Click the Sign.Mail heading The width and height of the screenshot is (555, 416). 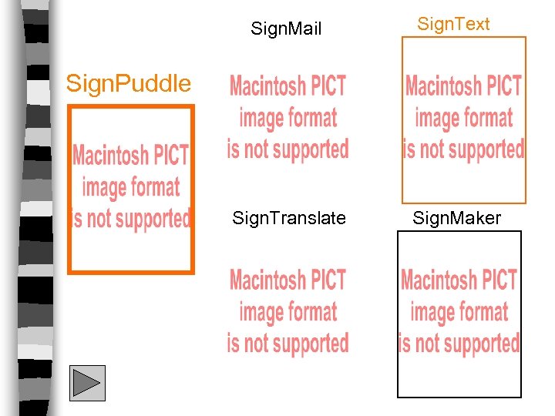pos(286,30)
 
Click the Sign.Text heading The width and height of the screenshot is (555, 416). pos(453,25)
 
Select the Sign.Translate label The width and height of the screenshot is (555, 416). pos(289,219)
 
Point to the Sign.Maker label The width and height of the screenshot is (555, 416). pos(456,219)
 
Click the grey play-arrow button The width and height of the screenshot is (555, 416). pos(87,383)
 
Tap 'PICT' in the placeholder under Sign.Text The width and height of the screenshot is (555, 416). pos(506,86)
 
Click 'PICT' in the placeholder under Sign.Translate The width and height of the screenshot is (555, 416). pos(329,280)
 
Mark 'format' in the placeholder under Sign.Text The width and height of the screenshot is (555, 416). pos(489,118)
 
